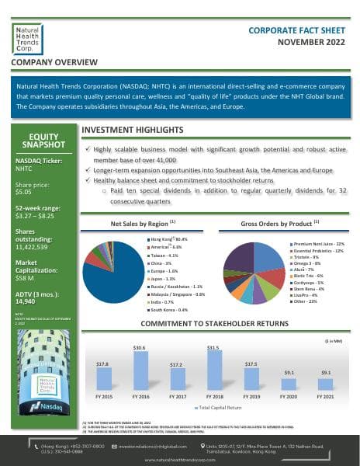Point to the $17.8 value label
pos(102,363)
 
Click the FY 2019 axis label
pos(251,396)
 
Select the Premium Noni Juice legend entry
pos(317,244)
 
